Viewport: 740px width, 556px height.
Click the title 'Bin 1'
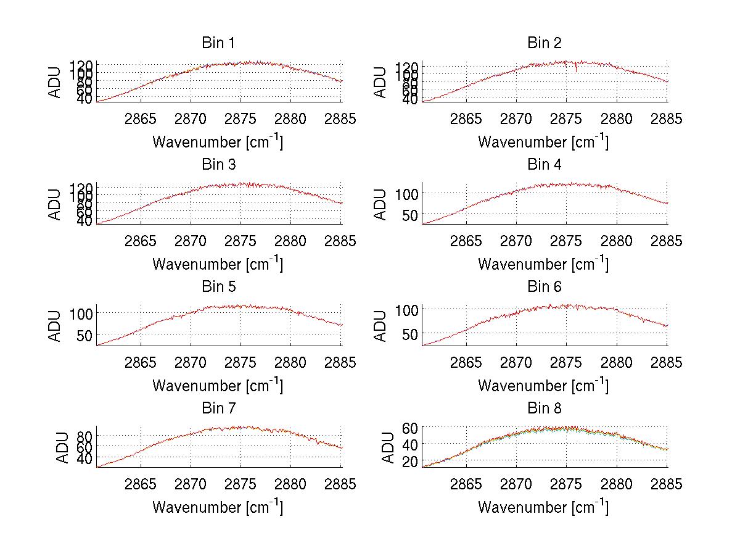click(x=218, y=43)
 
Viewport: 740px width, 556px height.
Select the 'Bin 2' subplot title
click(x=544, y=43)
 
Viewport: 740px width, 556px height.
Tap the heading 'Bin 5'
click(x=218, y=287)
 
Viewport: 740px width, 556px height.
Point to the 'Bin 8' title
click(x=544, y=409)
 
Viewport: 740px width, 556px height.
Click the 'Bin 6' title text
click(x=544, y=287)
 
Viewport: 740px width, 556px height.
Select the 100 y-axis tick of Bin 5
click(x=80, y=313)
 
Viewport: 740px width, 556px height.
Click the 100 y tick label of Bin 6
click(x=406, y=309)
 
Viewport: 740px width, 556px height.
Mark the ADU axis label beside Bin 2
click(x=380, y=82)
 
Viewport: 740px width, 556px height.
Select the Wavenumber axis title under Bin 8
click(x=543, y=507)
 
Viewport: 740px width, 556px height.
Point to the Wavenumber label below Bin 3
click(x=218, y=263)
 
